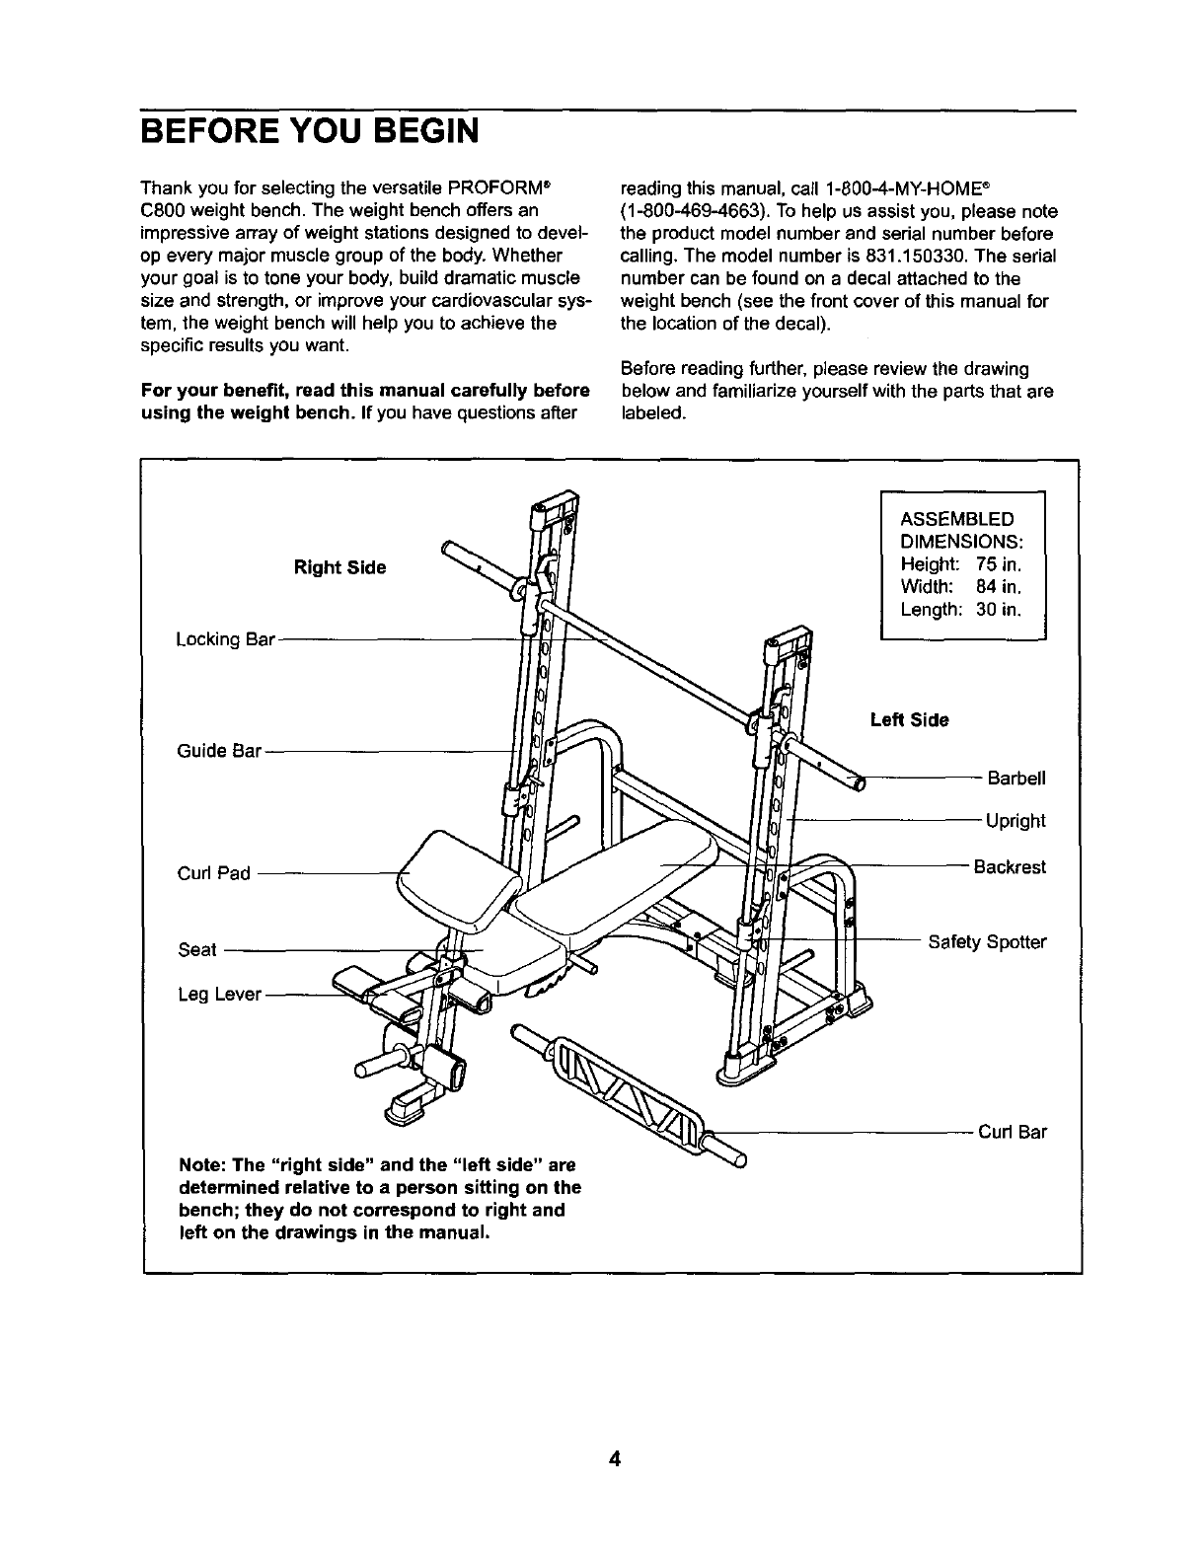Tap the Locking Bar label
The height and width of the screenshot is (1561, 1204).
pos(224,639)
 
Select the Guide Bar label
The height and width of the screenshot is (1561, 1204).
pos(219,752)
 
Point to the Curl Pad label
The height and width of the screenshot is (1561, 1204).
pos(214,873)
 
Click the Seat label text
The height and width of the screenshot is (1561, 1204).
pos(196,950)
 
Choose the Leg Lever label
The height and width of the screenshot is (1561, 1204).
pos(219,995)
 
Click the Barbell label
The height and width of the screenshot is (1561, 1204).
pos(1016,779)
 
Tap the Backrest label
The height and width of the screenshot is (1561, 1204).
pos(1010,867)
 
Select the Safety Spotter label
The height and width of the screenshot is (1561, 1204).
pos(987,942)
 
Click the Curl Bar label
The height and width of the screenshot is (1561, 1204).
pos(1013,1132)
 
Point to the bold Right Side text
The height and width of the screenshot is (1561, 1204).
pos(340,568)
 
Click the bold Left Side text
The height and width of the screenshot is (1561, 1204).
pos(909,720)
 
